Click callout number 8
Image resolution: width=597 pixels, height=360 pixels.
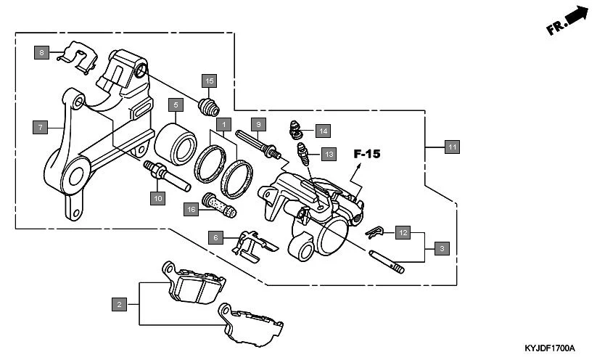[x=42, y=52]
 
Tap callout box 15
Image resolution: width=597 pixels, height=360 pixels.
[x=210, y=81]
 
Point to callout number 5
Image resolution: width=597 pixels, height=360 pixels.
[x=175, y=105]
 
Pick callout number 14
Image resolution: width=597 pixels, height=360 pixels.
[x=323, y=131]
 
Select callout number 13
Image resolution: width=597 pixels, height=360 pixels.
[x=329, y=154]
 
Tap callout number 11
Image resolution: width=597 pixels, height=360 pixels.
[x=451, y=147]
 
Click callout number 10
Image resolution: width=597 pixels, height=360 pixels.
[x=157, y=197]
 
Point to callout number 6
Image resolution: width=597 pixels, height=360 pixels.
[x=215, y=237]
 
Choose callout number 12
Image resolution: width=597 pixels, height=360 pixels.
[x=403, y=233]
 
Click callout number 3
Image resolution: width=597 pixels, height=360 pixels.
[x=441, y=248]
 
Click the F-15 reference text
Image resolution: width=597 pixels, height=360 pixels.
[x=367, y=154]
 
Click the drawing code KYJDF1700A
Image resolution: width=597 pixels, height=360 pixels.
[x=549, y=348]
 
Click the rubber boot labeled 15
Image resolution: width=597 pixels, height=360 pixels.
[x=210, y=107]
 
